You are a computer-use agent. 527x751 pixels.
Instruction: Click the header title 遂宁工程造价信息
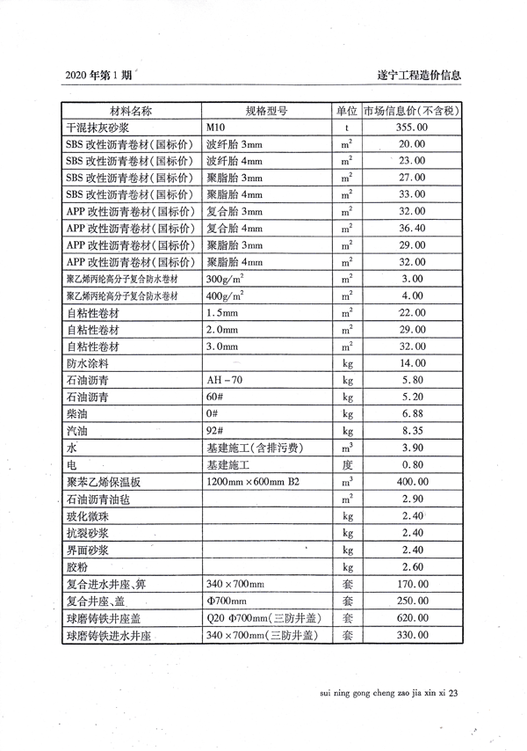point(416,77)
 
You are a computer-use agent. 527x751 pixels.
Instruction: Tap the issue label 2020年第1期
point(100,77)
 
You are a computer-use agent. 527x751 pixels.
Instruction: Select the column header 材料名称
point(131,112)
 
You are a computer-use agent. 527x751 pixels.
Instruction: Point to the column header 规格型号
point(266,112)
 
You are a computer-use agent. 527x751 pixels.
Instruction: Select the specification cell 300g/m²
point(225,279)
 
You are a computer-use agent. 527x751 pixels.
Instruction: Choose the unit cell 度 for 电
point(347,464)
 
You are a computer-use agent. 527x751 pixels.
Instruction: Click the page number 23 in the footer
point(454,694)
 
